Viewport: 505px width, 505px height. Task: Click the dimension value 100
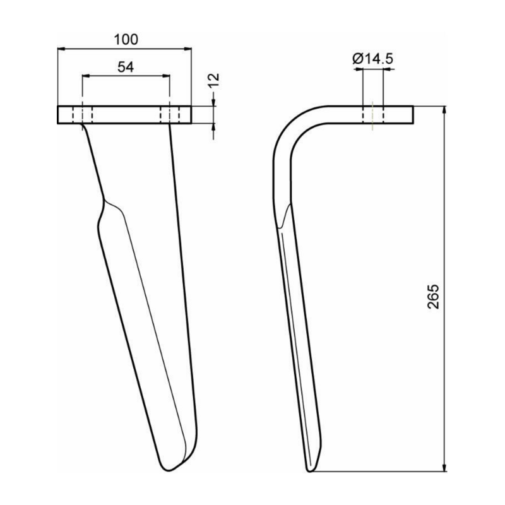(x=126, y=39)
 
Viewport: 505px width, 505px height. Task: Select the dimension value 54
(x=125, y=68)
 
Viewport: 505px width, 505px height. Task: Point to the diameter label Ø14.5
(x=373, y=59)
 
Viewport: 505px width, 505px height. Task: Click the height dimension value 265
(x=434, y=295)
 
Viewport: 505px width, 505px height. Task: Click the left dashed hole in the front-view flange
(x=83, y=115)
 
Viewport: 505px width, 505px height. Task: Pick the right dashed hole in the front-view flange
(x=170, y=115)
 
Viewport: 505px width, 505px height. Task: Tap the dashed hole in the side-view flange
(x=372, y=115)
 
